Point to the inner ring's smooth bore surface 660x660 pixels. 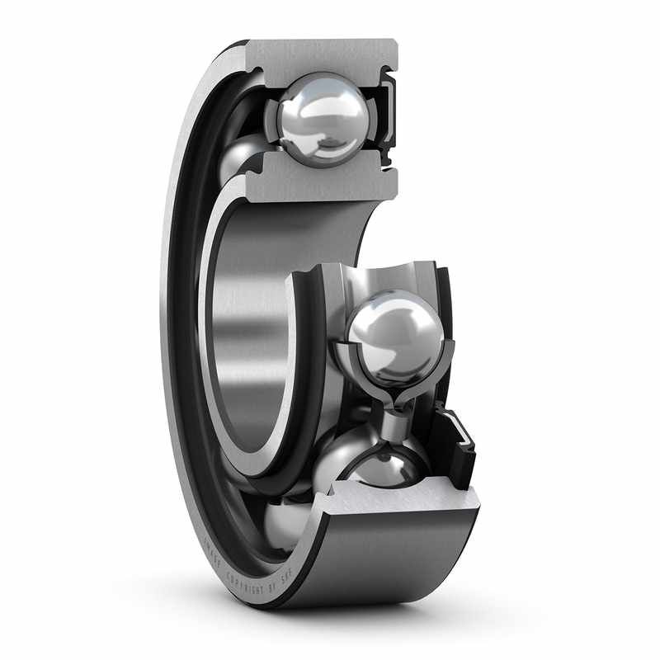point(247,330)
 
